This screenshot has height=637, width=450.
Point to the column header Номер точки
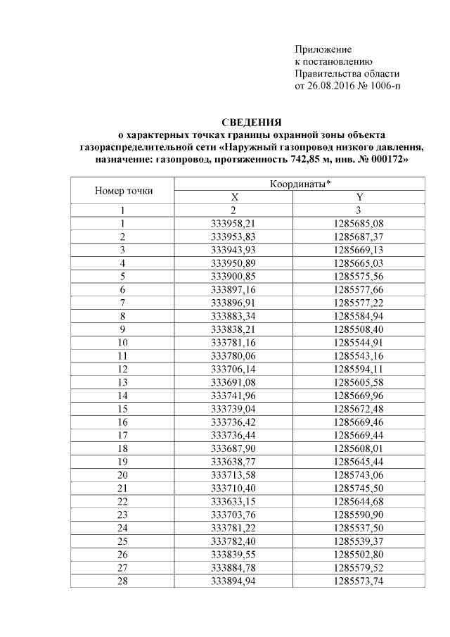pos(122,190)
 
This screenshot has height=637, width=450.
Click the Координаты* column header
pos(300,184)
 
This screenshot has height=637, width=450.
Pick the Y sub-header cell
pos(359,197)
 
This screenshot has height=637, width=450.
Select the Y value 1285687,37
pos(359,236)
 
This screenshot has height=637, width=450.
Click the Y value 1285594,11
pos(359,370)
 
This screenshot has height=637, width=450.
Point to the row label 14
pos(122,396)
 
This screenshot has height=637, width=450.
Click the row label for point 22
pos(122,503)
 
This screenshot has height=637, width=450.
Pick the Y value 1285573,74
pos(359,583)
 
